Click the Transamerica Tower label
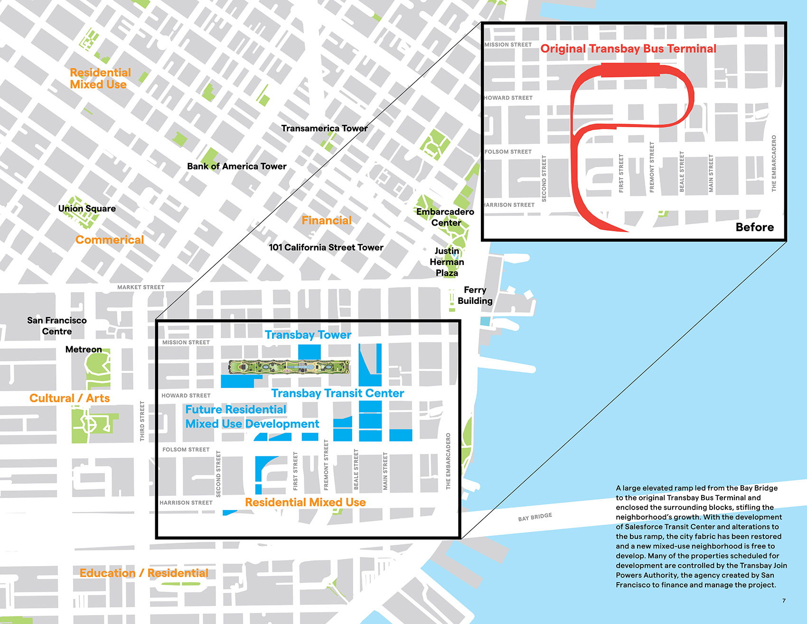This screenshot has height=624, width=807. pos(324,128)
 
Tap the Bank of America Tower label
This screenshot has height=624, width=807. pos(236,166)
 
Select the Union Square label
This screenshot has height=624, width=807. pos(87,208)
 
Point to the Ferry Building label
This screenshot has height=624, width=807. pos(475,295)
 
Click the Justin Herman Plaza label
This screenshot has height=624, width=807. pos(447,262)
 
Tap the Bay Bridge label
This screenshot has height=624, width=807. pos(535,517)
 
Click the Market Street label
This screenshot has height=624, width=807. pos(141,287)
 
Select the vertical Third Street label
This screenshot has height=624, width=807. pos(142,421)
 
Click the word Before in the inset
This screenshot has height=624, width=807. pos(754,227)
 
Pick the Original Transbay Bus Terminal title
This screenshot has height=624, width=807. pos(628,48)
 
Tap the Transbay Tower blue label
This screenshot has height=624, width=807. pos(308,335)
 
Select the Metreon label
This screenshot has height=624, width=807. pos(84,350)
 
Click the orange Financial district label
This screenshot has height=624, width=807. pos(327,220)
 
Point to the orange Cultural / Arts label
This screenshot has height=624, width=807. pos(69,398)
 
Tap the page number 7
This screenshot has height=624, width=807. pos(784,601)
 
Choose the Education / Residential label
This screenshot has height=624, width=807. pos(144,573)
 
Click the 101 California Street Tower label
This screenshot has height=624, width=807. pos(326,247)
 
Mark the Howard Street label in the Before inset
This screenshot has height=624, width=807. pos(508,98)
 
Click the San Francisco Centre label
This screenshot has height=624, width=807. pos(57,326)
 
